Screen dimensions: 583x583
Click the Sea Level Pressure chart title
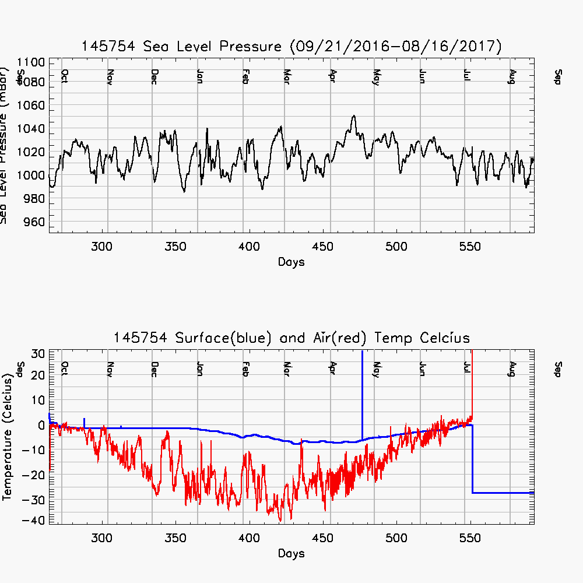[x=291, y=47]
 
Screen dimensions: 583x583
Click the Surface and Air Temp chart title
[x=291, y=338]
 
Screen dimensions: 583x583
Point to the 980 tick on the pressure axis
[x=32, y=199]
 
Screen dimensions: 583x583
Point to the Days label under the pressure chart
[x=291, y=262]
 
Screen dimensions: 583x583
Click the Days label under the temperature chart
[x=291, y=553]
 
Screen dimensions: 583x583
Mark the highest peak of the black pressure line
[x=353, y=115]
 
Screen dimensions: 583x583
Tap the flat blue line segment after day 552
[x=501, y=493]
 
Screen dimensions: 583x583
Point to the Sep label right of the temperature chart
[x=558, y=368]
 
